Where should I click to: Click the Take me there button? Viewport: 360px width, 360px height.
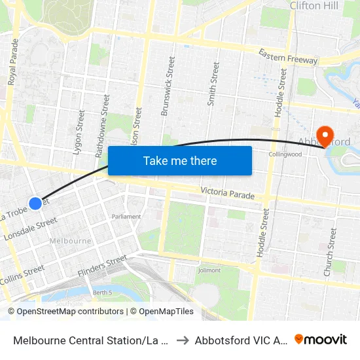point(180,161)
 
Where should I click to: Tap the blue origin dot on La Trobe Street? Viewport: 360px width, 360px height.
point(35,203)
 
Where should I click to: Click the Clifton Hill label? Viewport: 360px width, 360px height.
point(315,6)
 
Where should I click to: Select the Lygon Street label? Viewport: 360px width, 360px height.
point(79,132)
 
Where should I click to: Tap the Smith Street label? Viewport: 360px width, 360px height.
point(213,84)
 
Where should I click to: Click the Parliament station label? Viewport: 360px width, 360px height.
point(126,217)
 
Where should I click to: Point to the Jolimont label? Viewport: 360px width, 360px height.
point(209,270)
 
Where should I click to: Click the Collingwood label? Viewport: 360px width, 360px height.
point(285,154)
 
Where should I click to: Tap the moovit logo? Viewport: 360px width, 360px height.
point(321,340)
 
